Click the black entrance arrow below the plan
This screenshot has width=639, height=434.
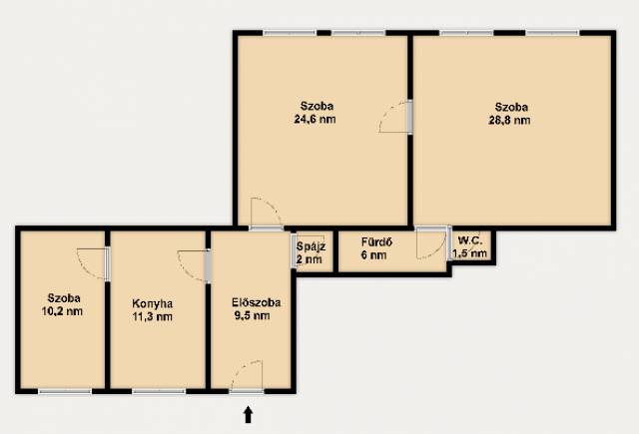click(x=248, y=415)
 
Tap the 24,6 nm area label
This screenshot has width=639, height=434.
click(x=316, y=120)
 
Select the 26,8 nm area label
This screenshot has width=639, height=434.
click(x=509, y=121)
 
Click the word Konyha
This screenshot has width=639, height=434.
click(x=153, y=303)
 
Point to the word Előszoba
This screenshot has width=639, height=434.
click(x=256, y=302)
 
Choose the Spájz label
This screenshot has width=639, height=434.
click(x=311, y=246)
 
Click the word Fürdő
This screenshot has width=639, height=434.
click(x=376, y=242)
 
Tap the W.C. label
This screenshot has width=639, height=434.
click(x=470, y=240)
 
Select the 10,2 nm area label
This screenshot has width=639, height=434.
click(x=62, y=312)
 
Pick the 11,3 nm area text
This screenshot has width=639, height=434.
click(x=153, y=316)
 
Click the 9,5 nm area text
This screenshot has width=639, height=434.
click(x=253, y=315)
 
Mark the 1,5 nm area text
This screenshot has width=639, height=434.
click(x=470, y=253)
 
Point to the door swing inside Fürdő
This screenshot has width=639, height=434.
click(x=432, y=243)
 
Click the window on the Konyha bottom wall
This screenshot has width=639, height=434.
click(x=159, y=392)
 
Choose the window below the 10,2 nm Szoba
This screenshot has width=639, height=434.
click(x=65, y=392)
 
